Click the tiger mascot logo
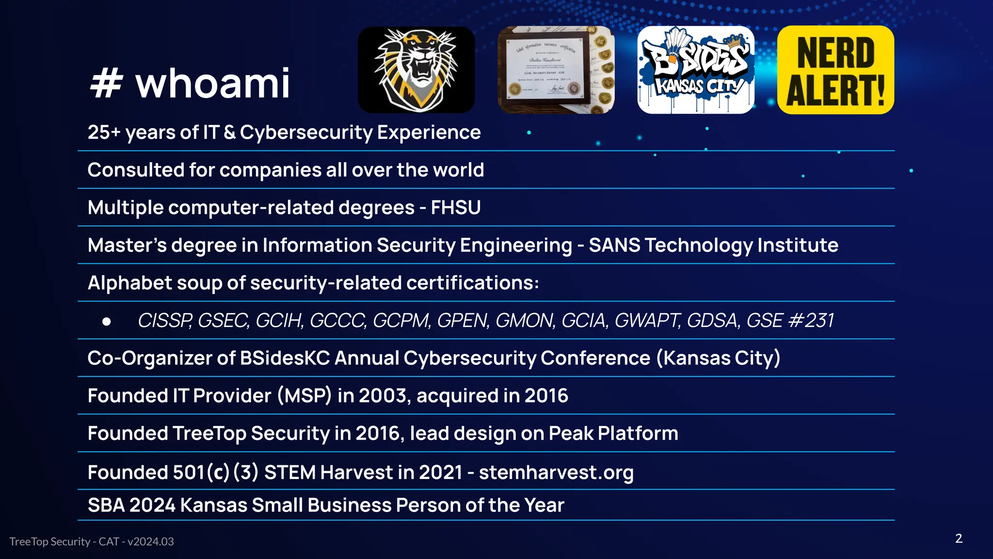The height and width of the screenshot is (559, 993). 416,70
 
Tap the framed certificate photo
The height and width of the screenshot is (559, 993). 556,70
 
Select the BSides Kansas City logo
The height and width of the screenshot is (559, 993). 696,70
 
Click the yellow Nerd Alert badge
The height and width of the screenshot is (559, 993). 835,70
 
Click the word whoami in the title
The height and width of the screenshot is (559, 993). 212,83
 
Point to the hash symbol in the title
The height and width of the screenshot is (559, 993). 106,83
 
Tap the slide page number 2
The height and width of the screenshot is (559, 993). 959,539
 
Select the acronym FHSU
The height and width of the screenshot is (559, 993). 456,208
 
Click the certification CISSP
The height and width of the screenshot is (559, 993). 165,321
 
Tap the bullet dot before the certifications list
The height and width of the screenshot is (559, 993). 107,321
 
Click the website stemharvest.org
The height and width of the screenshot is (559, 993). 556,473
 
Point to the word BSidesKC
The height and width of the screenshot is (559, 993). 285,359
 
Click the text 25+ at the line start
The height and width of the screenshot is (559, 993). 104,132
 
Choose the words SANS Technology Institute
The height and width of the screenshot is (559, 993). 713,246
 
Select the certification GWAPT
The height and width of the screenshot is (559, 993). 647,321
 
